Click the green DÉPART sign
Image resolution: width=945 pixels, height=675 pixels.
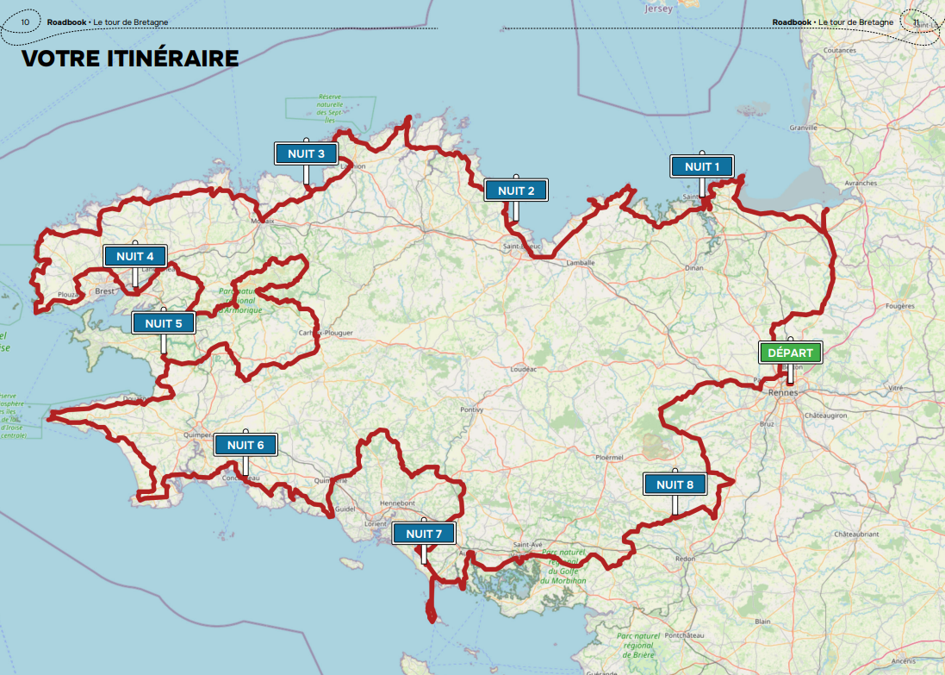(790, 353)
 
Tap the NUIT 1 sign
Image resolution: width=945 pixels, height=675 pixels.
(702, 166)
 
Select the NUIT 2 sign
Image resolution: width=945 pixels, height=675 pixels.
(515, 191)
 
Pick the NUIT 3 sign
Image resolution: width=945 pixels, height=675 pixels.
(306, 153)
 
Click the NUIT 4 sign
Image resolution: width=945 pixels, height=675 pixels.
(134, 256)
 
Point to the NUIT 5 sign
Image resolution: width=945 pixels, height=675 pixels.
(163, 323)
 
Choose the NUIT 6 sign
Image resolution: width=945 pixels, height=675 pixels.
(246, 445)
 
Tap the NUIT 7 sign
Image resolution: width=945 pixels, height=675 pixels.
(423, 534)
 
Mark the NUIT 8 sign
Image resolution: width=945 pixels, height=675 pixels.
(675, 484)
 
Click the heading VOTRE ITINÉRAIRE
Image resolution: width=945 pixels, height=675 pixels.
(129, 59)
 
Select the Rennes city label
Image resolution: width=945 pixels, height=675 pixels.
(783, 393)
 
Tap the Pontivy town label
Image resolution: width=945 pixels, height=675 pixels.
(472, 409)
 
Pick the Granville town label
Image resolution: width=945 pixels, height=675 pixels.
(803, 127)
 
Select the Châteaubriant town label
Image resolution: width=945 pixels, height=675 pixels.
(856, 534)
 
